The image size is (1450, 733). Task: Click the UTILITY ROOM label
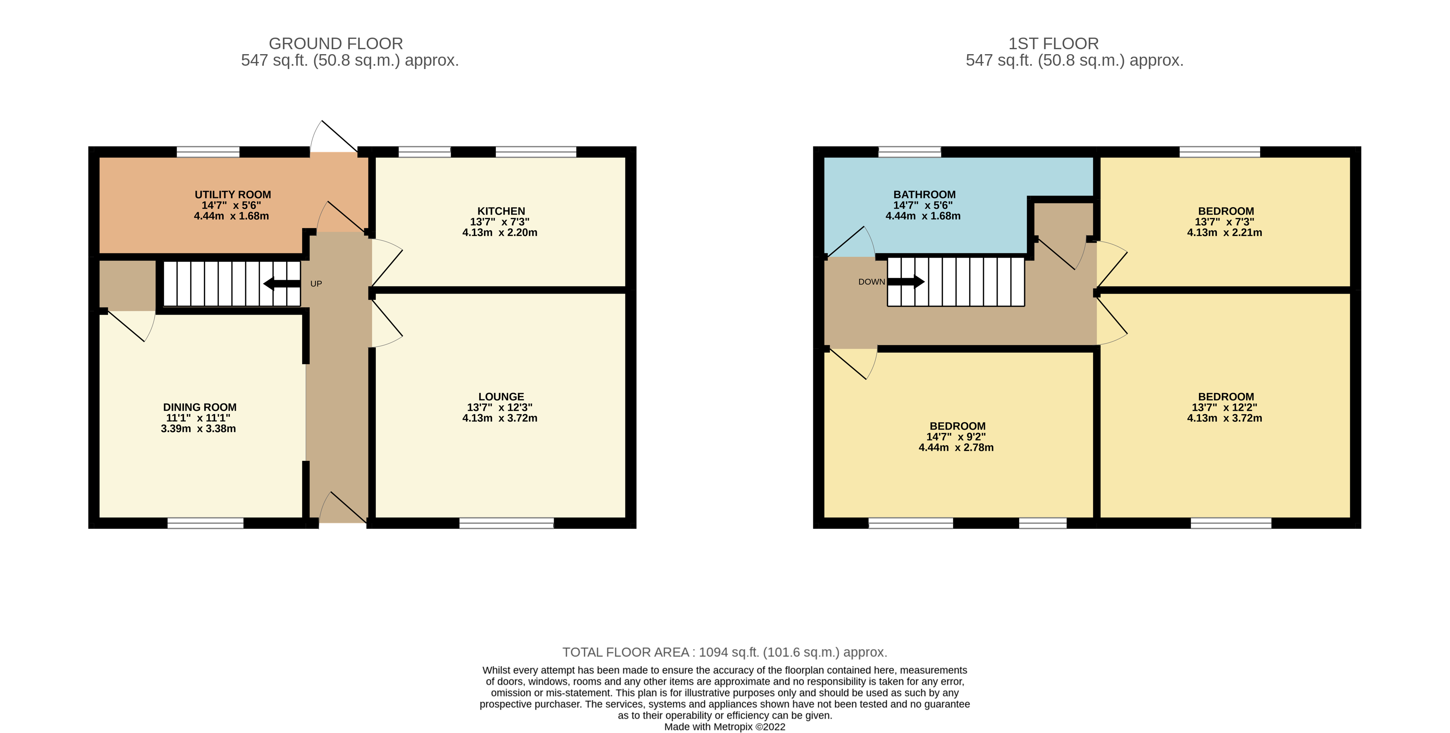[232, 195]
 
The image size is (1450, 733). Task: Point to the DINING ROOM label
[199, 407]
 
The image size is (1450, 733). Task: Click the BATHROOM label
[924, 195]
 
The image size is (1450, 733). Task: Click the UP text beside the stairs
[316, 284]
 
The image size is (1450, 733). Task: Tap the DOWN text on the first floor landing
[871, 282]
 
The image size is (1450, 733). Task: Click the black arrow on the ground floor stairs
[282, 283]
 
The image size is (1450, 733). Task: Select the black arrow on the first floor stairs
[906, 282]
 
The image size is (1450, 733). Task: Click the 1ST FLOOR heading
[1053, 43]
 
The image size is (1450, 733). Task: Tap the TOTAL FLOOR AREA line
[724, 652]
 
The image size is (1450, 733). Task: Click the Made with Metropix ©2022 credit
[724, 727]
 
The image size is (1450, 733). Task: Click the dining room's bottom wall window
[205, 523]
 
